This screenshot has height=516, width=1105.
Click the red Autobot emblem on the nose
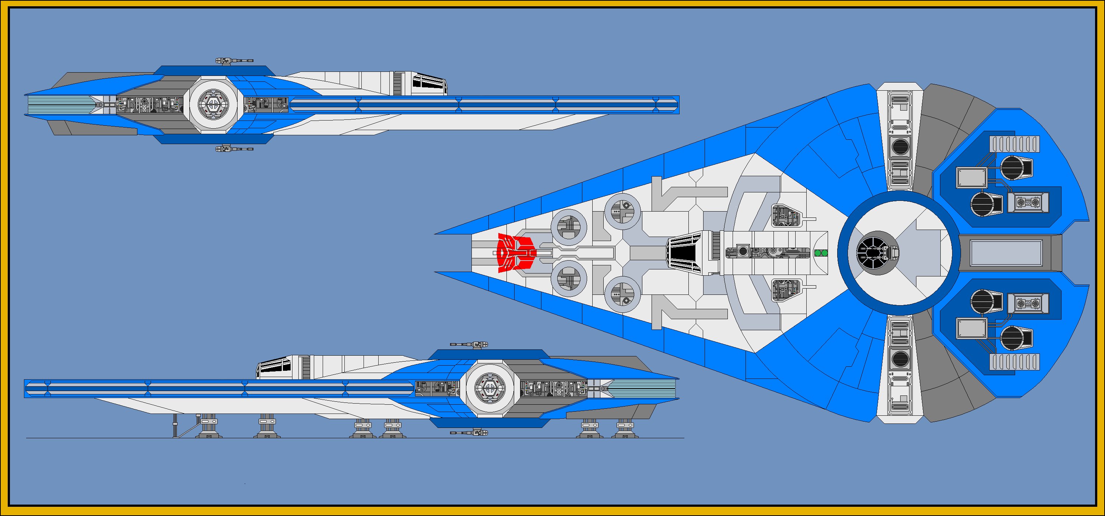pyautogui.click(x=516, y=253)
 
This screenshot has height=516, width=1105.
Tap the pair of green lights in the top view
pyautogui.click(x=821, y=253)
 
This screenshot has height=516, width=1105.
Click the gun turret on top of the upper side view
pyautogui.click(x=234, y=61)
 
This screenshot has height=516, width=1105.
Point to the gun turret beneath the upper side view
pyautogui.click(x=234, y=149)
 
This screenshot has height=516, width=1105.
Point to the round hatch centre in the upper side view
pyautogui.click(x=213, y=104)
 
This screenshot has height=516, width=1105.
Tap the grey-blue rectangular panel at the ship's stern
pyautogui.click(x=1006, y=253)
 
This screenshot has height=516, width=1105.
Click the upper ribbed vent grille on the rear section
pyautogui.click(x=1014, y=144)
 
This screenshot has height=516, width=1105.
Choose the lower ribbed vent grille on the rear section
pyautogui.click(x=1014, y=362)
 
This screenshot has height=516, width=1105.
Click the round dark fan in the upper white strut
pyautogui.click(x=900, y=147)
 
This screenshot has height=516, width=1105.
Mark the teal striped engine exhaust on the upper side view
pyautogui.click(x=60, y=105)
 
